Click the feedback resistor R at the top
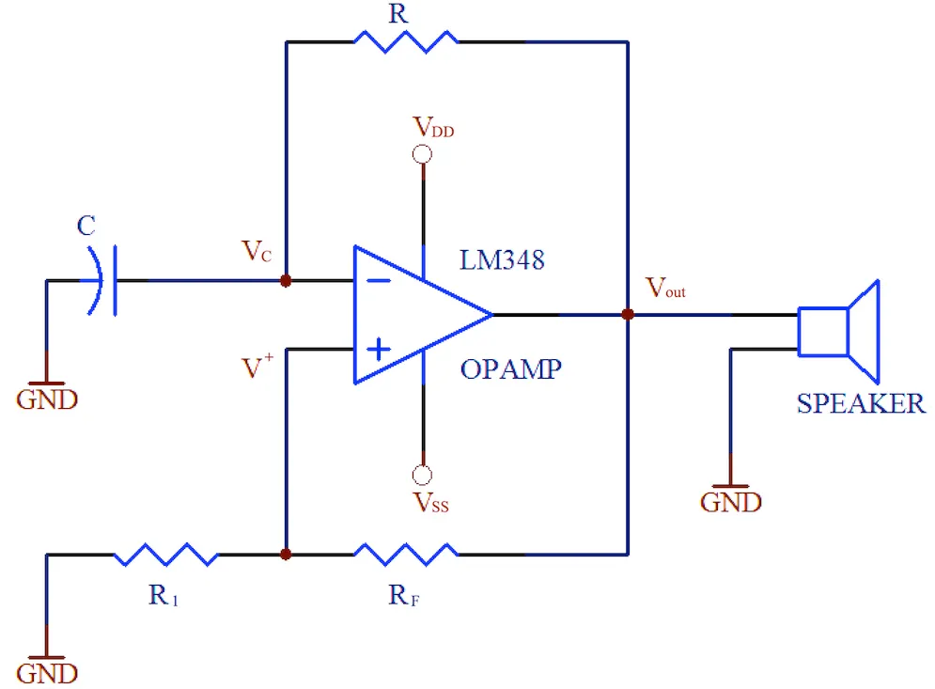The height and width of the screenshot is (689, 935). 405,40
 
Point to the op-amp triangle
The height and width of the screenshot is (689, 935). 413,315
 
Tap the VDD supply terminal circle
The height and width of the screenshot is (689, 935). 423,154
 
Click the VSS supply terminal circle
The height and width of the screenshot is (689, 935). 423,476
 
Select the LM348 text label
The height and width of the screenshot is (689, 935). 502,260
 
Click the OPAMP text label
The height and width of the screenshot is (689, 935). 510,369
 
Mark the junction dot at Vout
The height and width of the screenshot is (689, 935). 627,315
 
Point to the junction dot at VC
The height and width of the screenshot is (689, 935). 286,280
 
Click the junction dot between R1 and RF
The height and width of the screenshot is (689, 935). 286,555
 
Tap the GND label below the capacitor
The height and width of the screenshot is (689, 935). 47,399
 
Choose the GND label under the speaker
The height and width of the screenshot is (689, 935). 730,502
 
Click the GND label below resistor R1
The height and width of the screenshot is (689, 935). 47,674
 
